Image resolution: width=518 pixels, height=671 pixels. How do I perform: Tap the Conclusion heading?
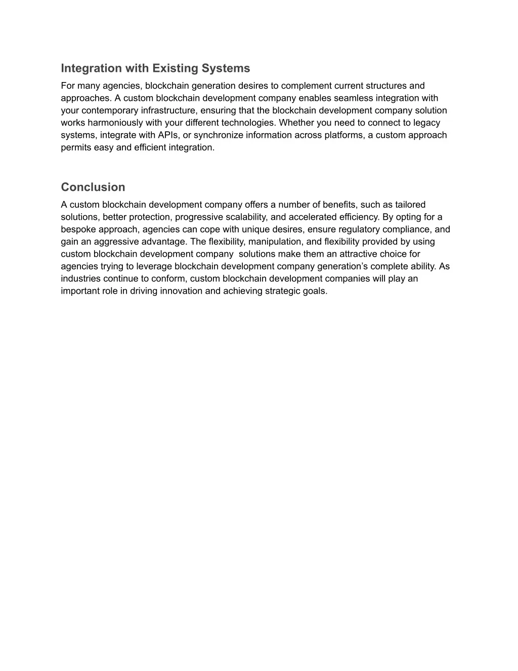click(x=93, y=187)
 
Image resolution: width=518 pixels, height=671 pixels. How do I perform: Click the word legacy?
click(x=427, y=123)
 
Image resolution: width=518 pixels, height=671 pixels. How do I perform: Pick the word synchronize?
click(x=219, y=135)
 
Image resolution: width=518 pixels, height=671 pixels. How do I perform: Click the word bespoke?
click(x=78, y=229)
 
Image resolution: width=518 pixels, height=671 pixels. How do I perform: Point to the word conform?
click(x=169, y=279)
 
